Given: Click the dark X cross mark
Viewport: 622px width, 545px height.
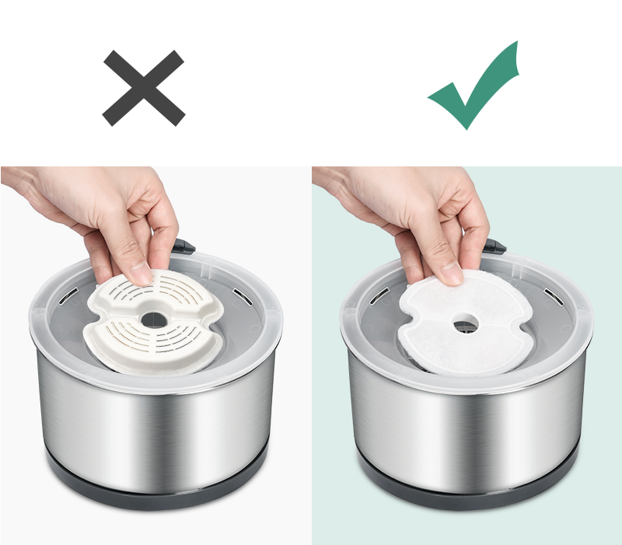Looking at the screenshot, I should (144, 88).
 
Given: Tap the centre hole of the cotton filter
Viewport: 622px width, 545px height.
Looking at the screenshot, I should (466, 321).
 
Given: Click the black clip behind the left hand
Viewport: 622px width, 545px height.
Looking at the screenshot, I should (183, 246).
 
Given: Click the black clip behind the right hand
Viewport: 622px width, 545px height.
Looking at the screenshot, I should (495, 248).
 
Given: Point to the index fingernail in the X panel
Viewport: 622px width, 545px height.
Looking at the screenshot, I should (141, 274).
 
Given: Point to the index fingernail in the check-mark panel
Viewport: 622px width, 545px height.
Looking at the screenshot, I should (451, 274).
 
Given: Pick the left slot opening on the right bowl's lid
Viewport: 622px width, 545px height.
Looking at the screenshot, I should (380, 295).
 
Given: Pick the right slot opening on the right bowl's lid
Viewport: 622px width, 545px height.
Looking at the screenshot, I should (552, 296).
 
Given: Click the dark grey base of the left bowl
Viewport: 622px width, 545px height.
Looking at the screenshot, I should (155, 490).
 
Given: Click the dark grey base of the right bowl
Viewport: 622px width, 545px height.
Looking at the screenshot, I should (466, 490).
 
